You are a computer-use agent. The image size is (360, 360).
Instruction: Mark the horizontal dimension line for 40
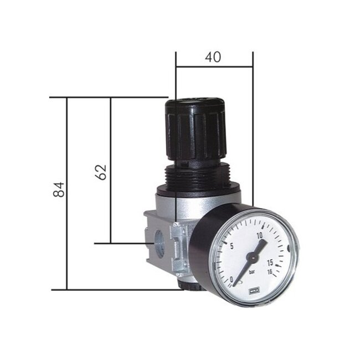tap(214, 68)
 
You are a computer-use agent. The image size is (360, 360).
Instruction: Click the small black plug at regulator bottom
tap(183, 286)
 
